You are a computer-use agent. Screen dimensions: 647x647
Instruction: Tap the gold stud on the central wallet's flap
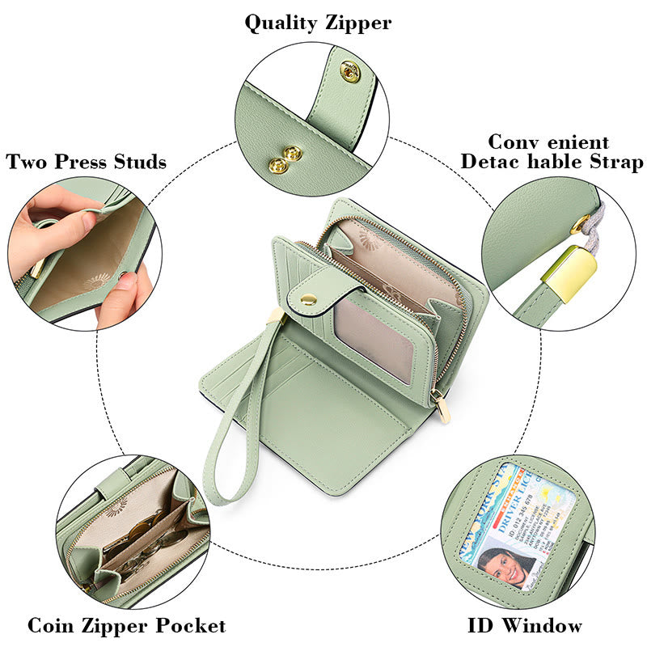click(x=308, y=299)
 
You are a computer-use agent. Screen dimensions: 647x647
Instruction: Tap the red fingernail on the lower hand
click(x=128, y=281)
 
